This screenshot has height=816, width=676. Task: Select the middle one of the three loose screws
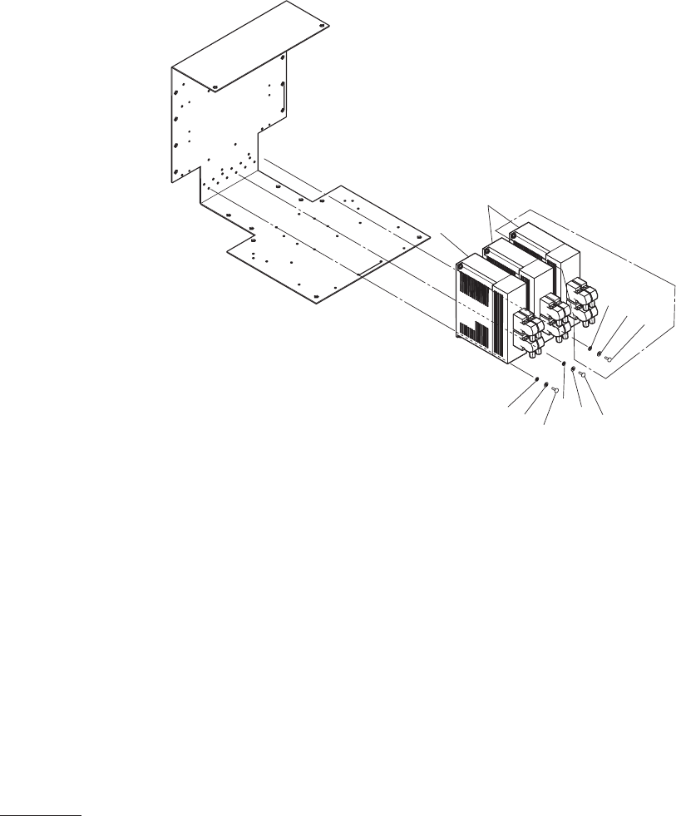584,376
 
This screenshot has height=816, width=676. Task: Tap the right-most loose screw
609,359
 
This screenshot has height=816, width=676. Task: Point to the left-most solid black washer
536,379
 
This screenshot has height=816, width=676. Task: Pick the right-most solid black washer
590,349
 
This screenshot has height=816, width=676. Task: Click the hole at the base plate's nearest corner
316,297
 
